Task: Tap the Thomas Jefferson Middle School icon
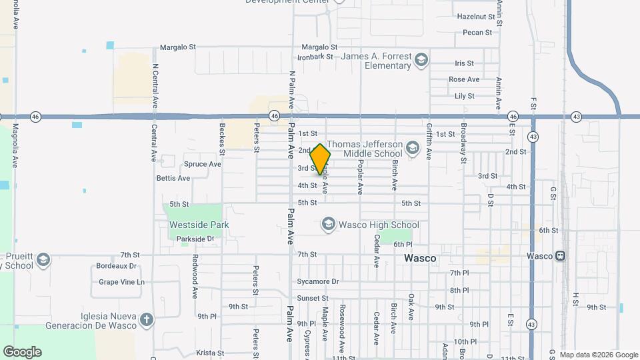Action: [413, 148]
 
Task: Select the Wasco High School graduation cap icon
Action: [328, 225]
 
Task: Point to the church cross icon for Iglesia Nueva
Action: [147, 320]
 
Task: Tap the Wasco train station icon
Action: [561, 255]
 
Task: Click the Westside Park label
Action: [199, 225]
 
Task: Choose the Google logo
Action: [22, 352]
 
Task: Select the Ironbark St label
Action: [315, 57]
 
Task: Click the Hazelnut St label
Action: [475, 16]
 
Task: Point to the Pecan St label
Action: [477, 32]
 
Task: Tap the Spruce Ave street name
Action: [202, 164]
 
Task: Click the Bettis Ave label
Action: [173, 178]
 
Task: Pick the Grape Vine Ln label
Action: [121, 282]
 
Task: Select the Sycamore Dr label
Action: [318, 281]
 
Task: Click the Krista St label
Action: [209, 353]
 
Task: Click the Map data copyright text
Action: [599, 355]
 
